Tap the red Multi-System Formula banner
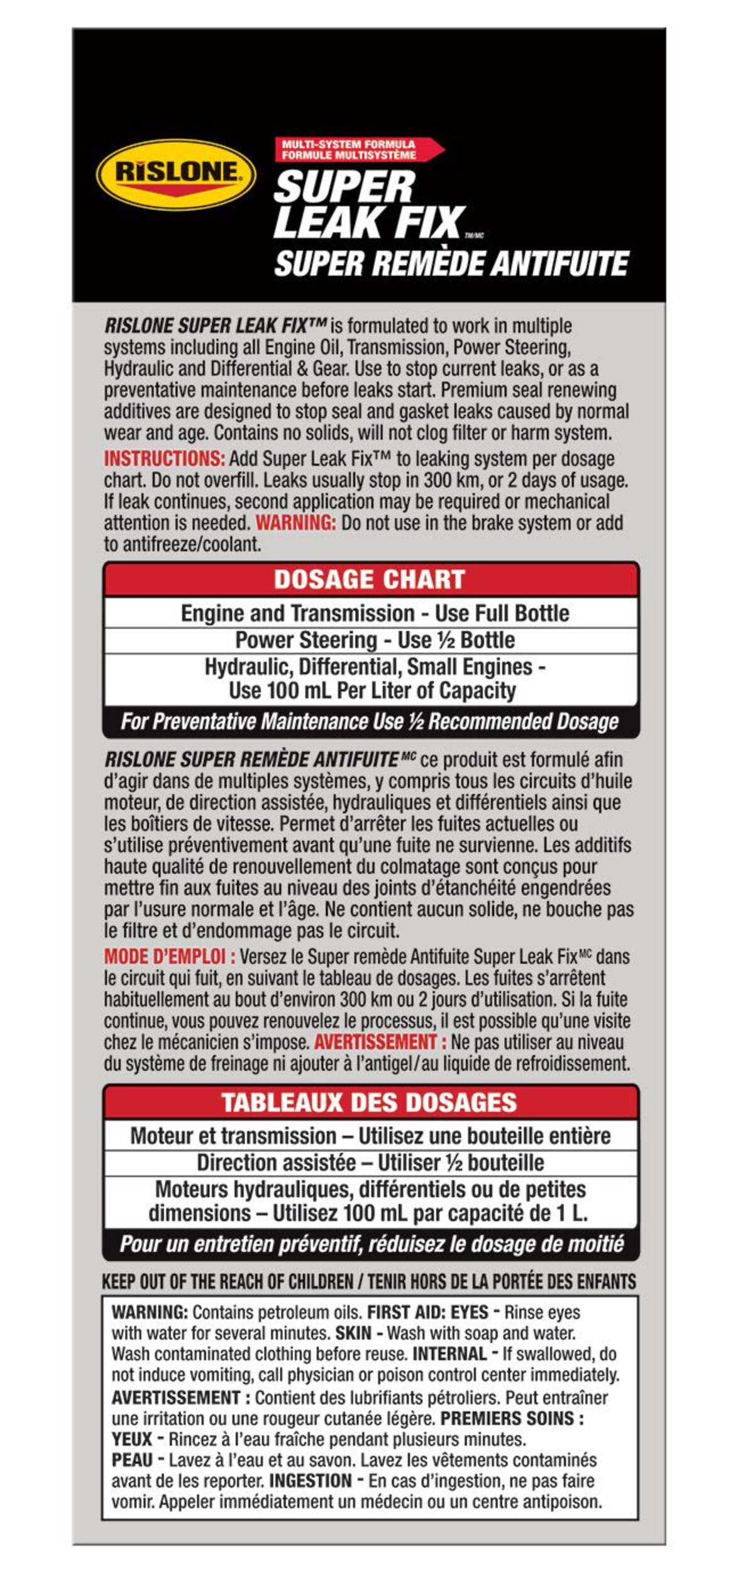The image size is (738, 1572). (355, 150)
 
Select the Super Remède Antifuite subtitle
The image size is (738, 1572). (451, 263)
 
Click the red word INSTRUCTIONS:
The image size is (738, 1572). (164, 458)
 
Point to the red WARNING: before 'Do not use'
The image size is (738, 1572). (295, 523)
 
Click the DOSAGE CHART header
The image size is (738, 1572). (370, 579)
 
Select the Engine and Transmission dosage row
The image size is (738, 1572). (375, 613)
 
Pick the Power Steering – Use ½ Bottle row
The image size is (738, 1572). (375, 640)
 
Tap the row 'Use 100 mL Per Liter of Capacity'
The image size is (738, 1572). (372, 690)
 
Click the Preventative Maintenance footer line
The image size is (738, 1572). (370, 721)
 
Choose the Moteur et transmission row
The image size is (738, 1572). (370, 1136)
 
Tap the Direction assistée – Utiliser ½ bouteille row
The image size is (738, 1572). (370, 1162)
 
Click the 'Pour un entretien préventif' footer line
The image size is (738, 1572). (371, 1244)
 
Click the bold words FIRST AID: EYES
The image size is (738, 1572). (427, 1312)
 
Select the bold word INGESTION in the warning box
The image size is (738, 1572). (310, 1481)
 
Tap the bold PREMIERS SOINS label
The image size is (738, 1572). (512, 1419)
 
